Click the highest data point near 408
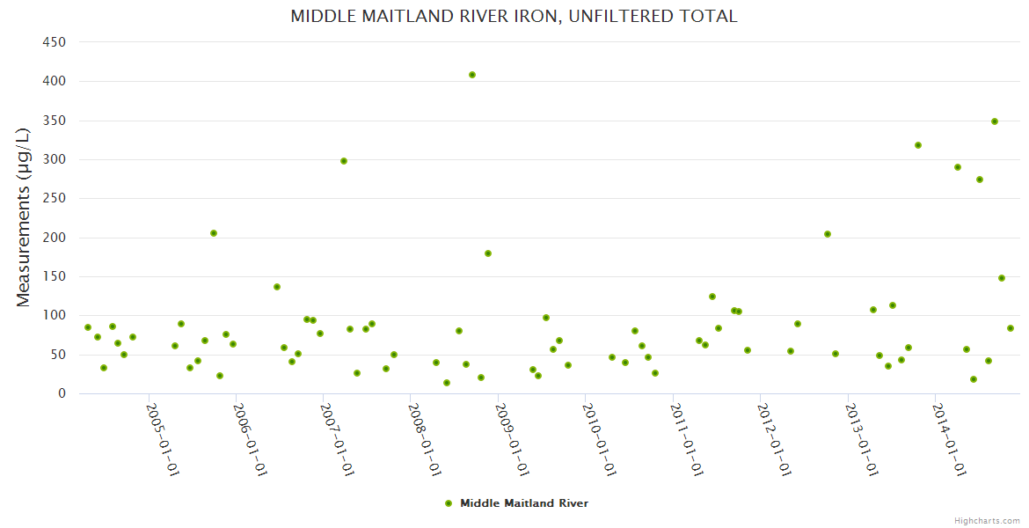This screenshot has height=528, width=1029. click(472, 75)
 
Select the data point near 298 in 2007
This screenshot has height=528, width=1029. click(344, 161)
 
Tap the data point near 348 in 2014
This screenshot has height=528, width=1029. click(995, 121)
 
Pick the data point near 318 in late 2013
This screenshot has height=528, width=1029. click(918, 145)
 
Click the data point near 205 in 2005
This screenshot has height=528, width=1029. click(214, 233)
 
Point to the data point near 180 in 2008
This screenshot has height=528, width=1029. click(488, 253)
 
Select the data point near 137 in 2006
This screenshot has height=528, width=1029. click(277, 287)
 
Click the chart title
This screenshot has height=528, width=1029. click(514, 17)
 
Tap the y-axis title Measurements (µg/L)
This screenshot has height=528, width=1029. click(24, 217)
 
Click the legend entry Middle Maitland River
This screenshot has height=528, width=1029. click(524, 503)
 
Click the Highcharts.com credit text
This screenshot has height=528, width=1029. click(987, 520)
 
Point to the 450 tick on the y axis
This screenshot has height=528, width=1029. click(55, 41)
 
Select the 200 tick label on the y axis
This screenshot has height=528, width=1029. click(55, 238)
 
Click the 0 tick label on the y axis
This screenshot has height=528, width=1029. click(62, 393)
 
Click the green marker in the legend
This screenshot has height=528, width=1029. click(449, 503)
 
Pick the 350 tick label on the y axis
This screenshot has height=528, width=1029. click(55, 121)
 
